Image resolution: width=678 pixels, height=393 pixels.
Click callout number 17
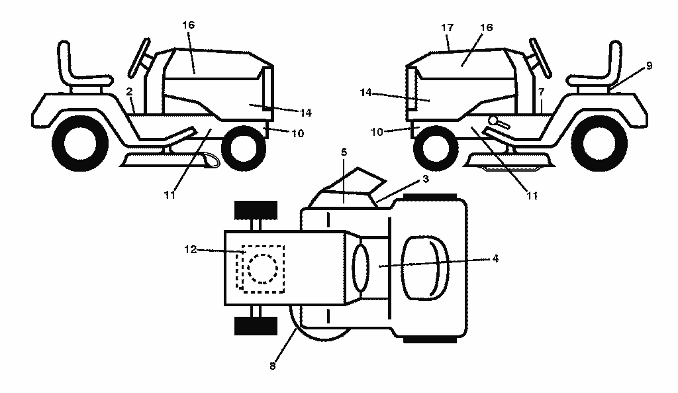(x=447, y=28)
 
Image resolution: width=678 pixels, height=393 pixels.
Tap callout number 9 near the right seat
(x=649, y=66)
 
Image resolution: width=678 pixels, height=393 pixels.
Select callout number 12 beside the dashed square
(x=190, y=250)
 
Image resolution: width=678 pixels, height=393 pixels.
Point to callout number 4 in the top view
(x=495, y=258)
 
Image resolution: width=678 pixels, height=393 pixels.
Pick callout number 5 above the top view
(x=344, y=152)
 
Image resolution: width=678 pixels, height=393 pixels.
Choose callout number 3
(x=426, y=179)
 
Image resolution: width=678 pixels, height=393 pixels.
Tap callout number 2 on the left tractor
(x=129, y=91)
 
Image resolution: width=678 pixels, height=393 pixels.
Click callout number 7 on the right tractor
(x=541, y=91)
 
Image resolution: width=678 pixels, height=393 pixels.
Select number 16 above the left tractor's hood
(x=188, y=25)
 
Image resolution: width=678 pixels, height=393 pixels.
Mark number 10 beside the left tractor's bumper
(x=297, y=133)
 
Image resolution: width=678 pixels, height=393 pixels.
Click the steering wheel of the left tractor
(x=139, y=58)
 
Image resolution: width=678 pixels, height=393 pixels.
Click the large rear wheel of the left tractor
(x=80, y=143)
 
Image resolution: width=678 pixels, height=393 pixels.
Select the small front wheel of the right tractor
(x=436, y=148)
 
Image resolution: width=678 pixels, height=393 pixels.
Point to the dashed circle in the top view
(x=263, y=268)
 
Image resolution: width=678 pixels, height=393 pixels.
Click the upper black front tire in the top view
(x=256, y=210)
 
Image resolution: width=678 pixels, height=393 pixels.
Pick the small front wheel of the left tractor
(x=244, y=148)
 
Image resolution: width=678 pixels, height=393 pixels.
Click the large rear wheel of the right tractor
(x=599, y=143)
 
